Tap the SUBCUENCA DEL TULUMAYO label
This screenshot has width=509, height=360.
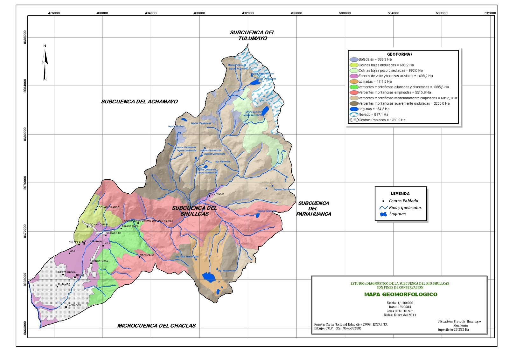point(252,35)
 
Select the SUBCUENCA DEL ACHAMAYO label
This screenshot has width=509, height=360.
point(139,102)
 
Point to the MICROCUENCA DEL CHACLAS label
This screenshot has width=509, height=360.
point(157,326)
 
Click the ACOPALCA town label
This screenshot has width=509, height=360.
point(217,194)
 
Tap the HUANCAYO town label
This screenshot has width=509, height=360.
point(74,305)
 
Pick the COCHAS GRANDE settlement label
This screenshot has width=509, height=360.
point(108,207)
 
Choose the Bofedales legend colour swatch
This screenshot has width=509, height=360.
point(354,59)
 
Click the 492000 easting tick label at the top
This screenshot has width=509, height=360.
point(248,13)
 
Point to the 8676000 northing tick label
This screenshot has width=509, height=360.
point(25,183)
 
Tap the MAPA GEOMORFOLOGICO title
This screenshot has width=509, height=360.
point(401,294)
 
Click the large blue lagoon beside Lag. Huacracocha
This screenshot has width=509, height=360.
point(209,277)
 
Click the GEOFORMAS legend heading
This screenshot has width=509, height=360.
point(399,54)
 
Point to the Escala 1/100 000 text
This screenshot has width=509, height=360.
point(400,303)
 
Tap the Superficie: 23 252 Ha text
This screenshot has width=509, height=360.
point(453,329)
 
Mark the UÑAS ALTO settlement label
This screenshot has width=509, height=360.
point(147,255)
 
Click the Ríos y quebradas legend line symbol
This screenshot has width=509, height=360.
point(383,208)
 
